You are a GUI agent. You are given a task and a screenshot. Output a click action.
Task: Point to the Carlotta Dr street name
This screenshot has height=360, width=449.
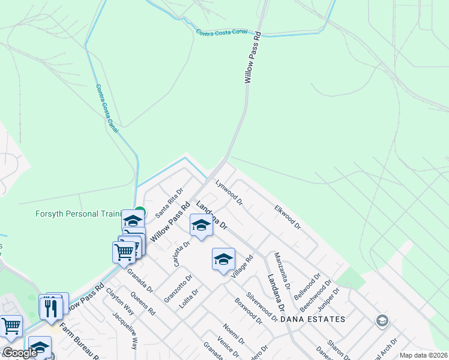182,253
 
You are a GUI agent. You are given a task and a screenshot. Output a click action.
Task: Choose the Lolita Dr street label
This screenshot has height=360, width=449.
188,298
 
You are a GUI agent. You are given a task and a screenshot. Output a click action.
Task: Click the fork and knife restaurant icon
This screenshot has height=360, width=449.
50,308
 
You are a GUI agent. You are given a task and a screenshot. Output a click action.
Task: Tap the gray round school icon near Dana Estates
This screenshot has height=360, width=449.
381,322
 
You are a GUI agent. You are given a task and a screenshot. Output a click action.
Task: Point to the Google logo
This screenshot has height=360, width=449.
20,353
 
